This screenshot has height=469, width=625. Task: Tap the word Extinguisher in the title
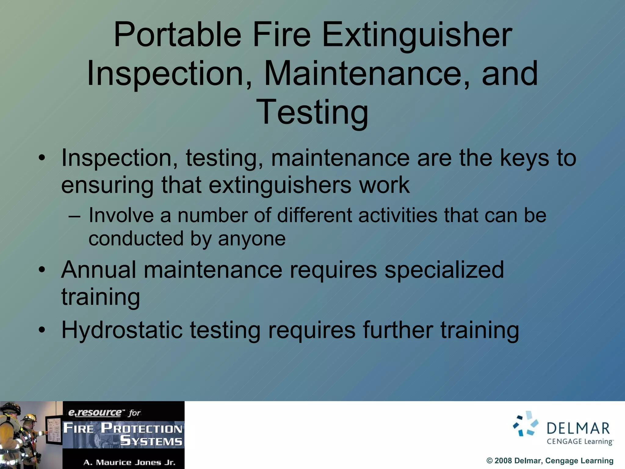[x=417, y=35]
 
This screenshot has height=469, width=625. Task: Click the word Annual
[x=99, y=270]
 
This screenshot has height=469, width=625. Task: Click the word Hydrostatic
[x=122, y=330]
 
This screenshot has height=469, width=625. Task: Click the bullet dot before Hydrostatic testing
[x=42, y=330]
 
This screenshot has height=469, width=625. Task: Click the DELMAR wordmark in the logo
[x=578, y=429]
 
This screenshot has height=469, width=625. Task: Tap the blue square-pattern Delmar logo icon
[x=526, y=424]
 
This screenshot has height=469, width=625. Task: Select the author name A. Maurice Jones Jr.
[x=129, y=463]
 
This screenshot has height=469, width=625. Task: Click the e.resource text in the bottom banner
[x=95, y=413]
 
